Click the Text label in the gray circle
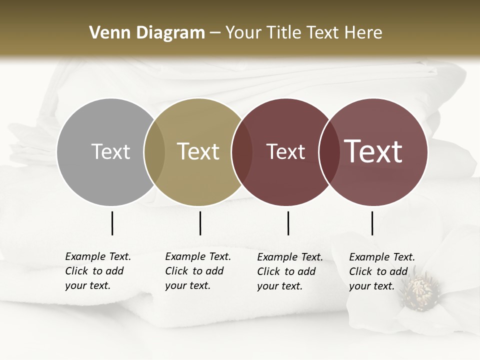110,151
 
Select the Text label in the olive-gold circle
198,151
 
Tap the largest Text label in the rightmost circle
373,151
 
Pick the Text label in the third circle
285,151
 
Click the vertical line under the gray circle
112,223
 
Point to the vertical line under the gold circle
200,223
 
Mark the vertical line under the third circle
288,223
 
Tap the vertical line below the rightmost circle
372,223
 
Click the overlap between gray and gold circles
154,152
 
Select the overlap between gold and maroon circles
242,152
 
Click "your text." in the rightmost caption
371,286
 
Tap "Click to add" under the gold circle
194,271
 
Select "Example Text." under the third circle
290,257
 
